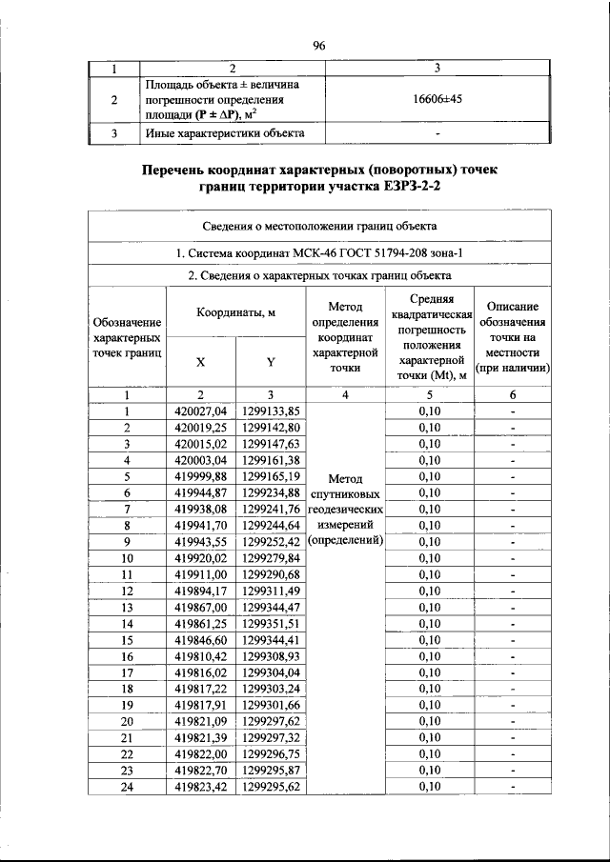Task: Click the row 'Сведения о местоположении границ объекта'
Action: tap(319, 227)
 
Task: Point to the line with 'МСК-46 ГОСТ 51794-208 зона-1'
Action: tap(319, 253)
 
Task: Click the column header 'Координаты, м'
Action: tap(236, 313)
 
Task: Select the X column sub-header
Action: tap(200, 362)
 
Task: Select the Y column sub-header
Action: tap(271, 362)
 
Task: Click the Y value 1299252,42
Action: tap(271, 542)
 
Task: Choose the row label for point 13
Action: tap(126, 607)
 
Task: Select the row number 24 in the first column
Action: tap(126, 787)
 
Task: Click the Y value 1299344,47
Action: tap(271, 607)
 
